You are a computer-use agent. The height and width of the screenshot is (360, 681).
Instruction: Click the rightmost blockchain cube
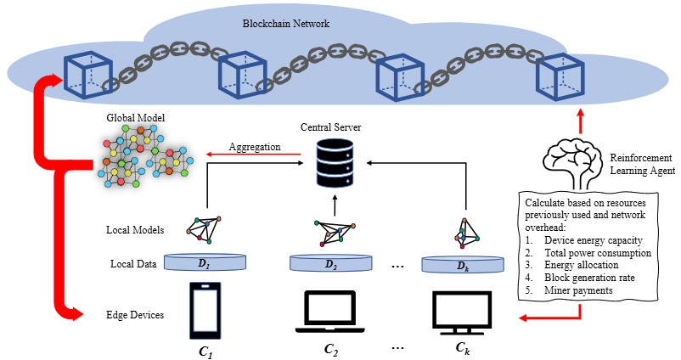558,77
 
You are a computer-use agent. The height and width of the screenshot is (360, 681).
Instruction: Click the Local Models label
135,230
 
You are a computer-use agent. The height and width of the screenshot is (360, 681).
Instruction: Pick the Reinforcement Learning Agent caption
642,165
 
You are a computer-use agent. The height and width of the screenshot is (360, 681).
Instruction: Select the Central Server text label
331,127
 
